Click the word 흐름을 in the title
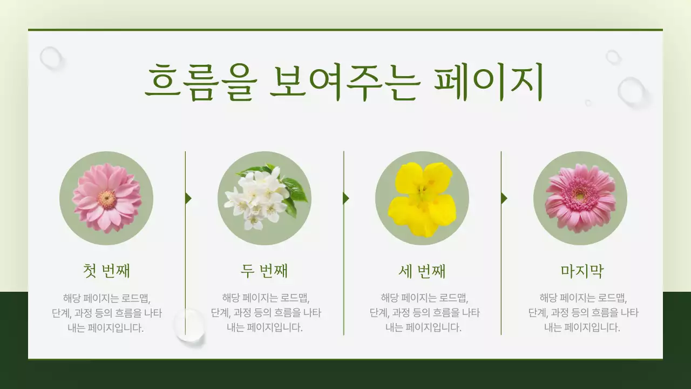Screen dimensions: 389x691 (x=199, y=83)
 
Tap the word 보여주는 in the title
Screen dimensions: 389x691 (x=343, y=83)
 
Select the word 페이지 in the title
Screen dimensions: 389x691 (x=488, y=83)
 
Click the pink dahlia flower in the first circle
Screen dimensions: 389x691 (x=106, y=198)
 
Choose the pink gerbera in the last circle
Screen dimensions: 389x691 (x=580, y=198)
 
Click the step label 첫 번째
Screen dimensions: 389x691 (x=106, y=271)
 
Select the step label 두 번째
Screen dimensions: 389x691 (x=264, y=271)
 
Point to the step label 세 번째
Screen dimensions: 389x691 (x=422, y=271)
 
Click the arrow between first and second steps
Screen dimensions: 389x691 (x=188, y=198)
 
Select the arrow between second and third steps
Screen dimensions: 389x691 (x=346, y=198)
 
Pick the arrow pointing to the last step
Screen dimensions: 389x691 (x=504, y=198)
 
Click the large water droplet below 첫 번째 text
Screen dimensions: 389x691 (x=189, y=325)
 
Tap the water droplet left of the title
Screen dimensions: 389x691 (x=51, y=57)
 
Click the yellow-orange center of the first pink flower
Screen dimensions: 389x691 (x=107, y=199)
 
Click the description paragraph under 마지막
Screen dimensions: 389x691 (x=583, y=313)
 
